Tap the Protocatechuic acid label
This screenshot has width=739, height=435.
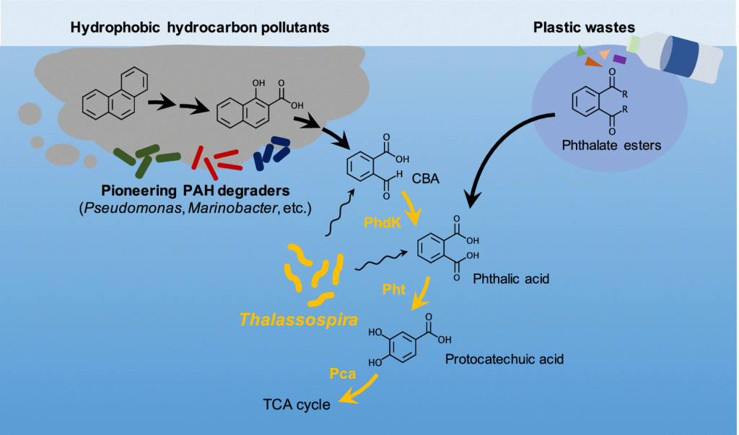[504, 358]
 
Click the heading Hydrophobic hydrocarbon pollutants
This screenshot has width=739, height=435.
[200, 27]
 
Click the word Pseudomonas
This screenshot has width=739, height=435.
[131, 210]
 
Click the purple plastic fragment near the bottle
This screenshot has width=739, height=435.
[619, 59]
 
